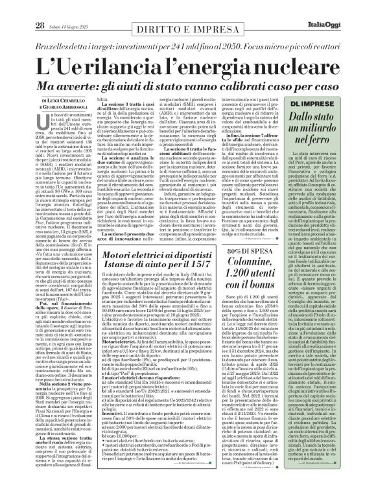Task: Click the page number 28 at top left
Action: pos(21,8)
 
